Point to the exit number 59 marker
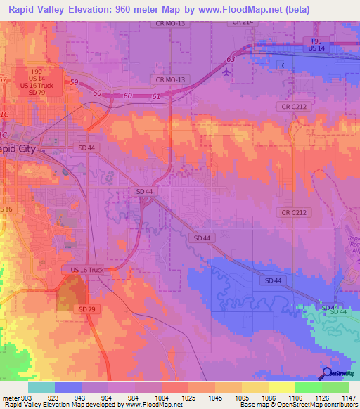tap(73, 84)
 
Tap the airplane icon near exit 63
tap(225, 71)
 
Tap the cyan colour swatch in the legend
tap(41, 387)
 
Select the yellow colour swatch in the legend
tap(281, 387)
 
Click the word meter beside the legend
tap(9, 398)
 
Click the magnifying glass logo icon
tap(326, 373)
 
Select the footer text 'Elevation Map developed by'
tap(79, 405)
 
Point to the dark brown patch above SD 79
tap(69, 292)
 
